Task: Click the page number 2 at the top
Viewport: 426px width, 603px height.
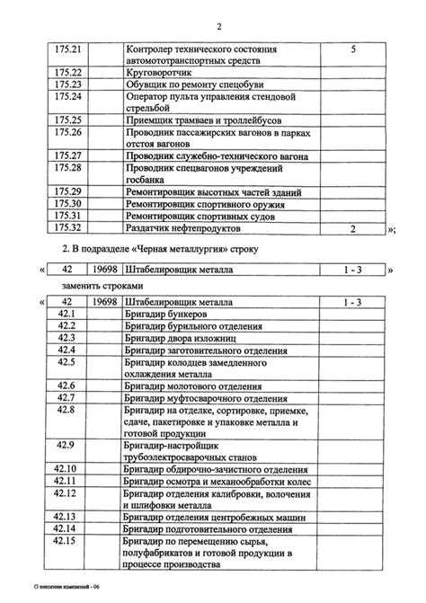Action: [218, 26]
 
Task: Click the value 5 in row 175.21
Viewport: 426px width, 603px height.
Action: [353, 48]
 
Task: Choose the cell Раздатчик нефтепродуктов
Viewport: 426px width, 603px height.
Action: [183, 228]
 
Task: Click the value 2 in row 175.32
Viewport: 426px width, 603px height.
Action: [353, 228]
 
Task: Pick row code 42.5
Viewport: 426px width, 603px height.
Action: [67, 361]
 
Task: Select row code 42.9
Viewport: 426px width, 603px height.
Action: [67, 445]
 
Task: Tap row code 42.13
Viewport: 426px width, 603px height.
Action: [67, 517]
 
